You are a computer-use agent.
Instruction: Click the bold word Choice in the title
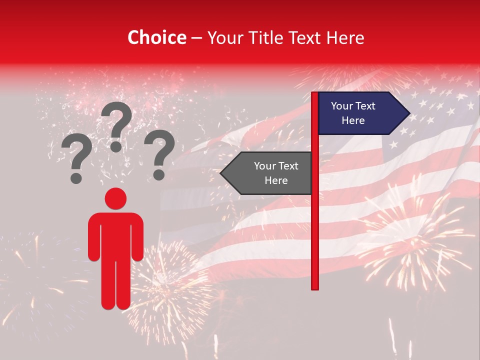pyautogui.click(x=157, y=37)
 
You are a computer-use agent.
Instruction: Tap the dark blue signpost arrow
pyautogui.click(x=357, y=113)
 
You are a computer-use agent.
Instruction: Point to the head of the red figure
pyautogui.click(x=115, y=198)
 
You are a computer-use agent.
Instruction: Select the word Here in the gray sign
pyautogui.click(x=276, y=180)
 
